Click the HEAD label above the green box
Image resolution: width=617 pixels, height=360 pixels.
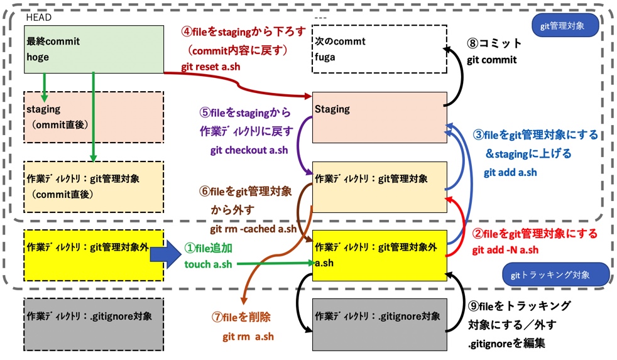pos(38,18)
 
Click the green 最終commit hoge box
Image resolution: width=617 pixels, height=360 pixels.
pos(93,49)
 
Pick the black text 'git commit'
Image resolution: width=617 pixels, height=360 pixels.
pos(491,60)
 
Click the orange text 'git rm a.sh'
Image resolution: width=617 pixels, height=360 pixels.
pos(248,336)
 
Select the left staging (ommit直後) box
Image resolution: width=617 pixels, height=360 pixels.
pos(93,116)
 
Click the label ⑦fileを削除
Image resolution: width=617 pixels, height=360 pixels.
pos(245,317)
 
